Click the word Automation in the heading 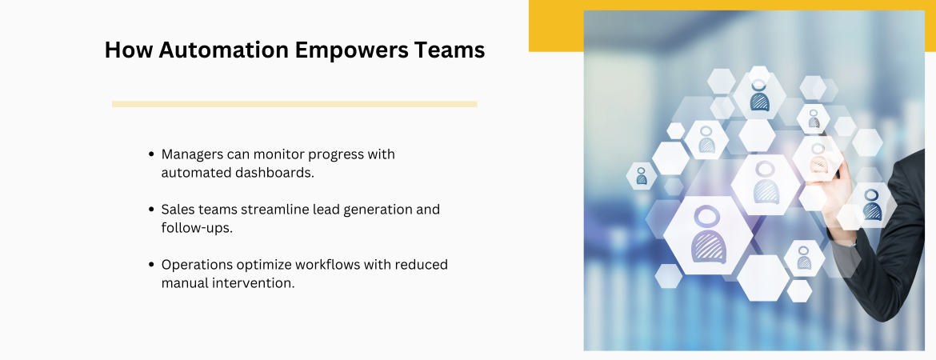click(x=223, y=50)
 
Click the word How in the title click(x=128, y=50)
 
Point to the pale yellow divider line click(x=294, y=104)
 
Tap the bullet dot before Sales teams click(x=151, y=210)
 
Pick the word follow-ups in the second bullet click(x=196, y=228)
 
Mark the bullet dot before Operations click(x=151, y=265)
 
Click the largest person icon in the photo click(x=708, y=234)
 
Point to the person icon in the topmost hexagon click(x=759, y=95)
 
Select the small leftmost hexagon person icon click(x=641, y=176)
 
